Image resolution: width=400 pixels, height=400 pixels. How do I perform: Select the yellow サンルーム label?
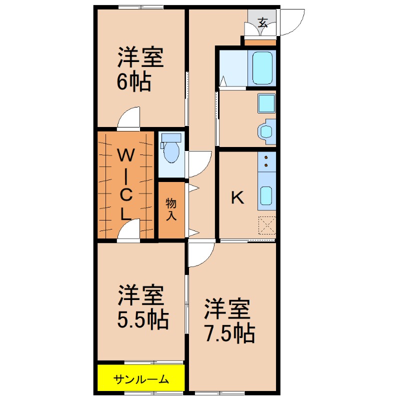point(141,379)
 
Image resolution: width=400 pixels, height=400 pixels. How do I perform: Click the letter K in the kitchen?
point(237,198)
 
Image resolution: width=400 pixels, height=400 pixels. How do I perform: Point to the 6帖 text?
point(134,82)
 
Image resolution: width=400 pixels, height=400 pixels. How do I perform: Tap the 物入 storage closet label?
point(171,209)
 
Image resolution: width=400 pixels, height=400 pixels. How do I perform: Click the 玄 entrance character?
point(262,22)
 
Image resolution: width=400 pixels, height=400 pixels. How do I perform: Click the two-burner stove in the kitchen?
point(266,161)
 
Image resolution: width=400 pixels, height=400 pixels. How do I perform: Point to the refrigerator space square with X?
point(267,226)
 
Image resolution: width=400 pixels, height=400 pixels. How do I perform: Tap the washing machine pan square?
point(266,103)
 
